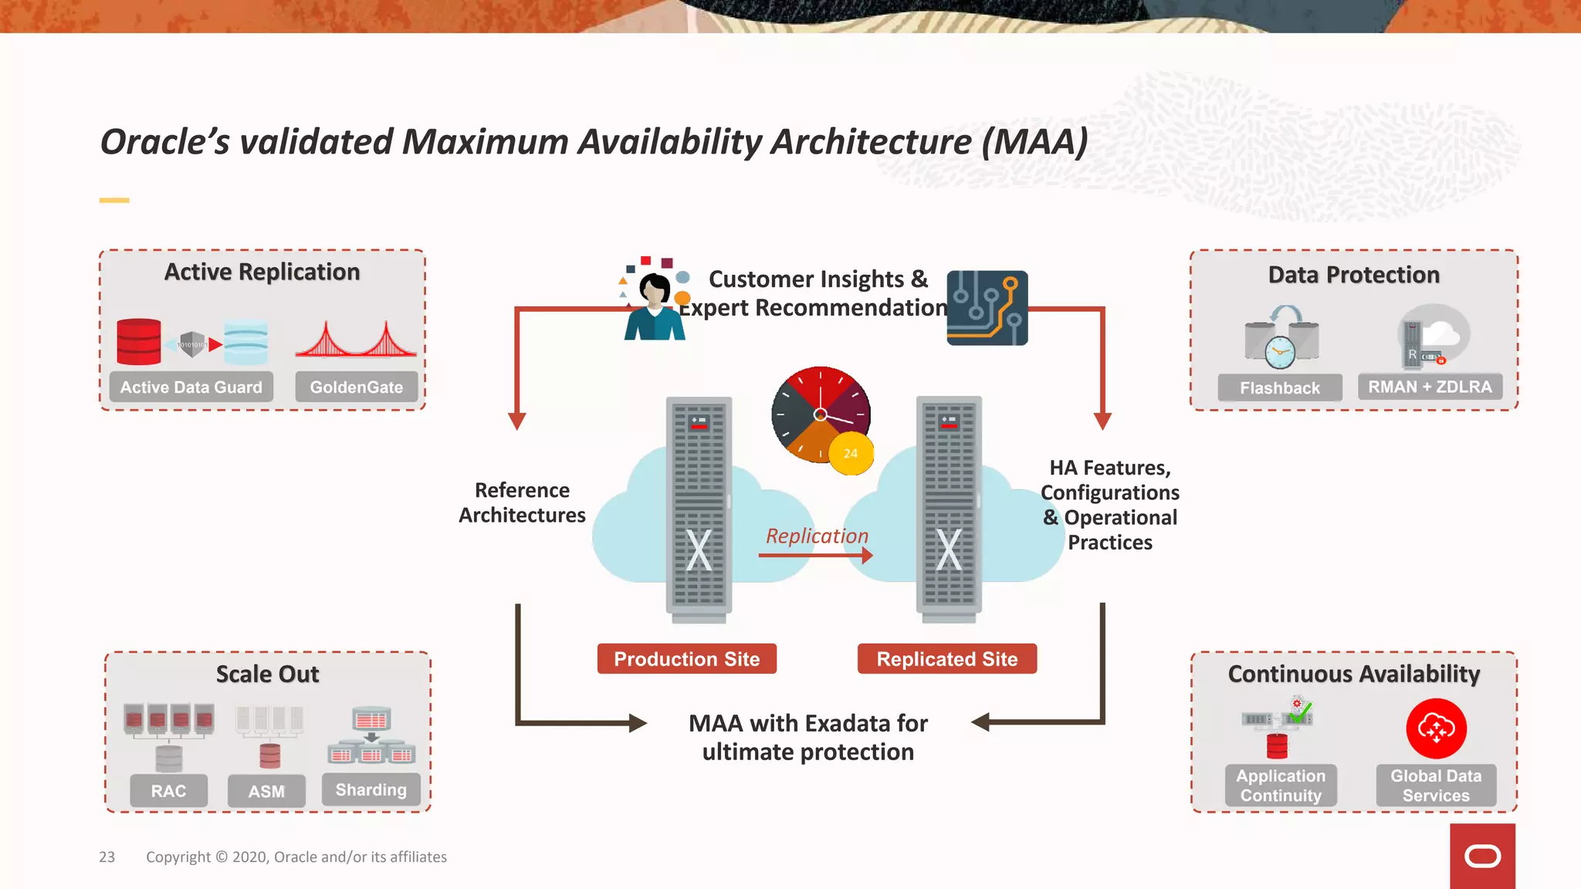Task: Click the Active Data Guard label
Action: click(x=191, y=387)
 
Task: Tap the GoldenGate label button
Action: click(x=356, y=387)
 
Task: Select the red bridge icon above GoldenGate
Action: click(x=356, y=340)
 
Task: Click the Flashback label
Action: click(x=1279, y=387)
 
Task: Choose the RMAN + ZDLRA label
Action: click(x=1430, y=386)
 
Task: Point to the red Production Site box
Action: click(x=686, y=659)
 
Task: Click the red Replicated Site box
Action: click(x=946, y=659)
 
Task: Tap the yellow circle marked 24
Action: click(x=850, y=453)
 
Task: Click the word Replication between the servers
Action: click(x=817, y=536)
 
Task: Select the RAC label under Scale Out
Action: click(x=168, y=791)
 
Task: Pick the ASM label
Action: click(x=266, y=791)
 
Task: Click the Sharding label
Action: click(x=371, y=789)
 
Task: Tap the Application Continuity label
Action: click(x=1281, y=786)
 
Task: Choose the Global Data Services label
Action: click(x=1436, y=786)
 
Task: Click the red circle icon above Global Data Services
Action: click(x=1436, y=728)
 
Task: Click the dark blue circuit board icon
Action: click(x=987, y=308)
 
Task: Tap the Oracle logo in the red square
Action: click(x=1482, y=856)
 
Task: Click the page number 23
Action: click(x=107, y=857)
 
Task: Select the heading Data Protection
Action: click(x=1353, y=275)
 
